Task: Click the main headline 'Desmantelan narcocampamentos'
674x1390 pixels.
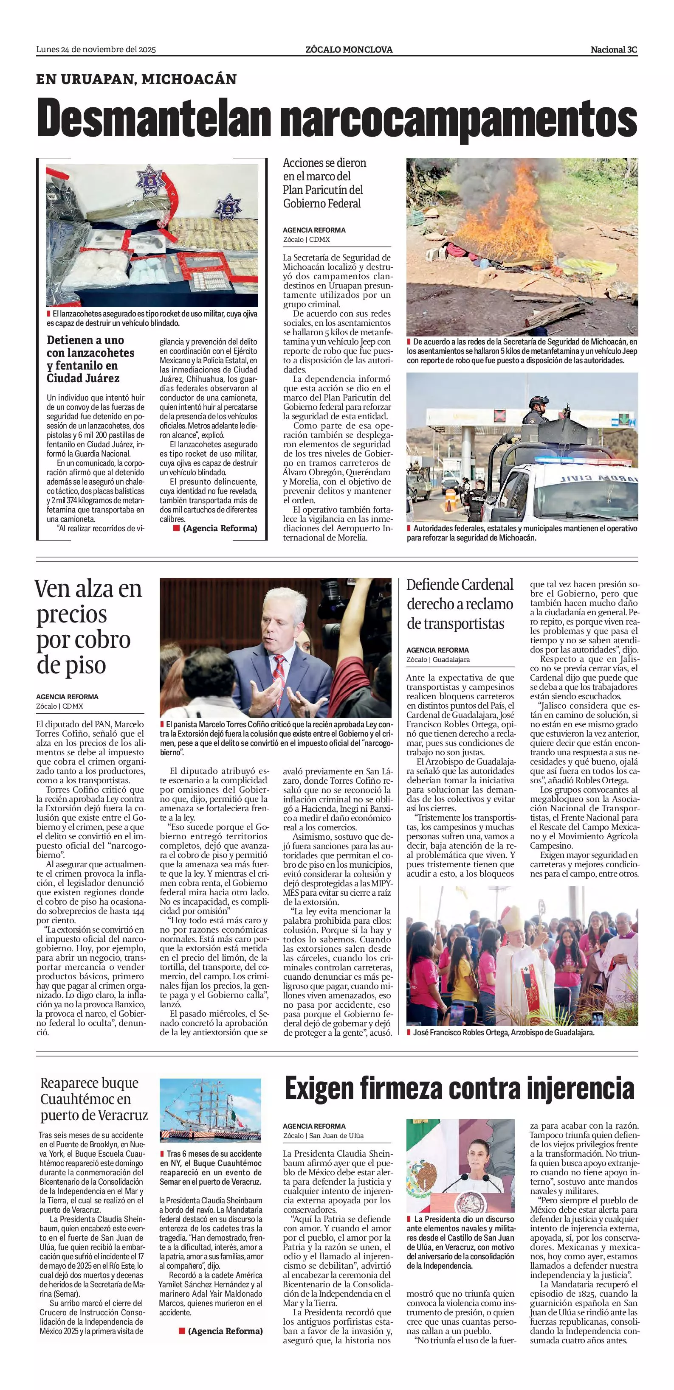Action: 337,117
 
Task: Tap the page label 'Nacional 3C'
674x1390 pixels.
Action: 614,50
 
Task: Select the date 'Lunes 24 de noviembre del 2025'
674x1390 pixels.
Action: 96,50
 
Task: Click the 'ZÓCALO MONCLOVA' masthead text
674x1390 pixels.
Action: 349,50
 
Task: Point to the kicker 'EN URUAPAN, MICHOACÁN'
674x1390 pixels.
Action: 136,79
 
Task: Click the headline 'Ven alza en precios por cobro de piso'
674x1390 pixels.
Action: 89,626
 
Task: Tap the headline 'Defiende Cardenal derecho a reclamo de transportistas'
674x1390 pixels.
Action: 460,604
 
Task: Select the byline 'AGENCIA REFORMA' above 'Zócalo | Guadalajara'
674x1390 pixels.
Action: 437,650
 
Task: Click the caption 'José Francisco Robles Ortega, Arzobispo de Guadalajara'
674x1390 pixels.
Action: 503,1032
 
